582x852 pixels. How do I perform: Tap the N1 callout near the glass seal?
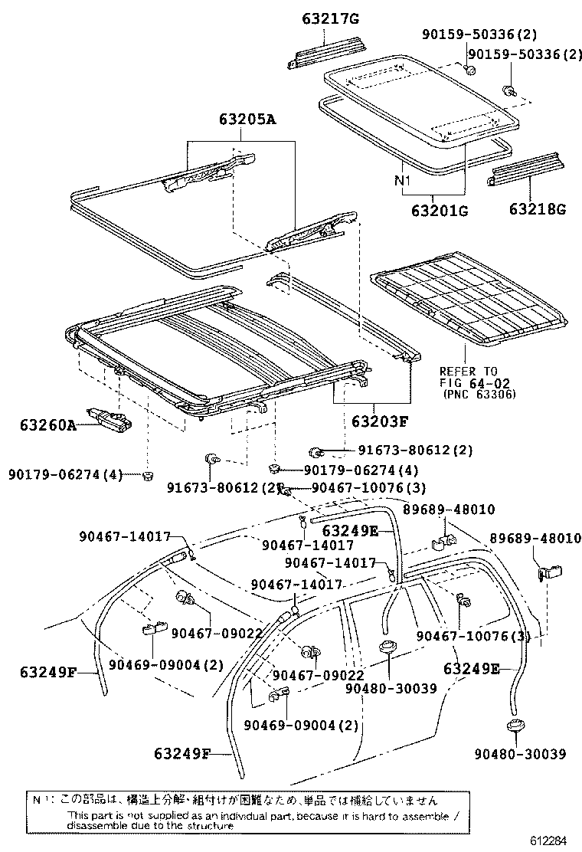click(x=403, y=182)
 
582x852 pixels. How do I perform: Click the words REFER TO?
click(x=468, y=369)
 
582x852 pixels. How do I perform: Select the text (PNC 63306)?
click(x=479, y=394)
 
